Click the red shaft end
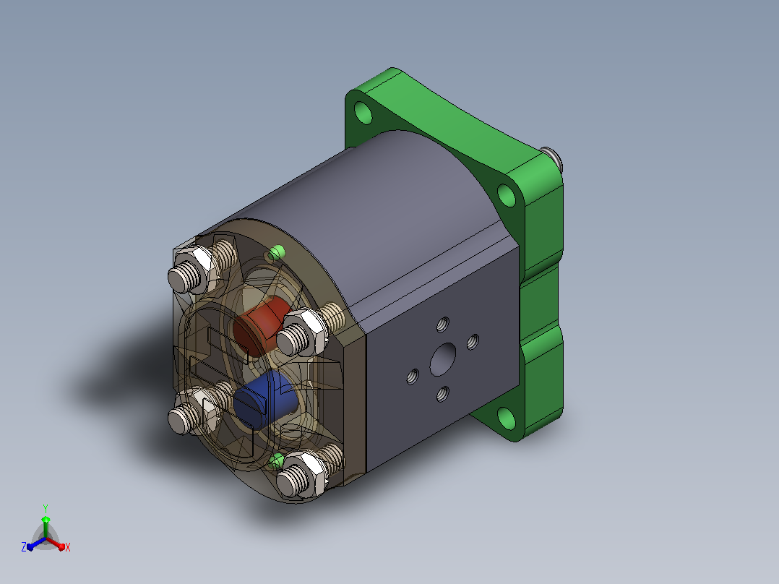point(261,325)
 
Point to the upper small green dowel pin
point(277,253)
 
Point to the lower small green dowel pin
point(276,460)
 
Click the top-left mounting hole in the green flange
point(363,112)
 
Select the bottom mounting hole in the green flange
point(507,418)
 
